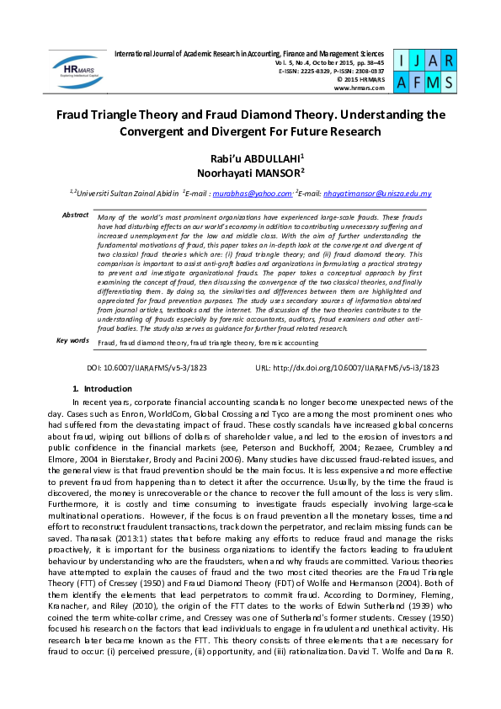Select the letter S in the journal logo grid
(x=448, y=82)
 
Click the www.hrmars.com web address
(x=360, y=88)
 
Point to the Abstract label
(x=75, y=216)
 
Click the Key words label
(x=72, y=340)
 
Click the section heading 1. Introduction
(x=102, y=389)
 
